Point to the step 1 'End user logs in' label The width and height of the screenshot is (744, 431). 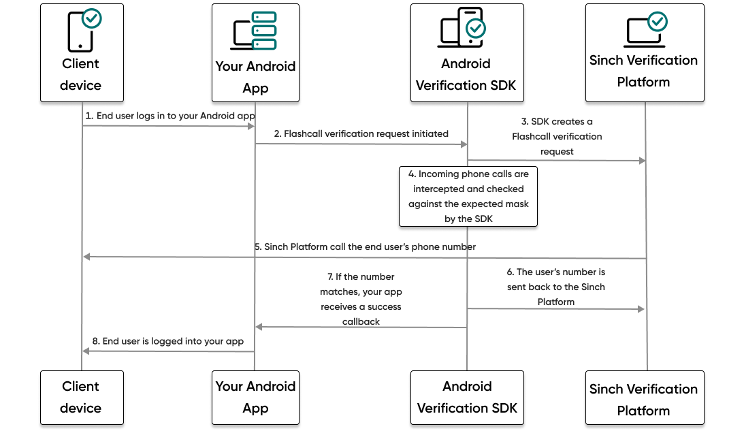[x=170, y=116]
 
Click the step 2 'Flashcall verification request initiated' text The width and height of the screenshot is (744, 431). [x=361, y=133]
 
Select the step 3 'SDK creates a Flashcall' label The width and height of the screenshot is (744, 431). [x=557, y=136]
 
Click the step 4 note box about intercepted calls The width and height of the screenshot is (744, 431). [x=468, y=196]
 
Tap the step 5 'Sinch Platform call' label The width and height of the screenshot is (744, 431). [x=366, y=246]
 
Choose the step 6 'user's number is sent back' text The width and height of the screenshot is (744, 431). [x=556, y=287]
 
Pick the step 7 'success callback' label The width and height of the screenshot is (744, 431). [x=361, y=299]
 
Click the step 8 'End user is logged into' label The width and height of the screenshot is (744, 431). [x=167, y=341]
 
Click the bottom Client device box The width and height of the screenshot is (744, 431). [x=82, y=398]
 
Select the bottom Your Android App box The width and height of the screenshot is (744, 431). [x=255, y=398]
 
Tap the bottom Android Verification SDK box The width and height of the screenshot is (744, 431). [x=467, y=398]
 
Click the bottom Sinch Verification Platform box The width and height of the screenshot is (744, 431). [x=644, y=400]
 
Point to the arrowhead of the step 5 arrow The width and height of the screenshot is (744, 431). [x=86, y=257]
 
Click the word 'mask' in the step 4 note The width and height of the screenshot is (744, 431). [x=515, y=204]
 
